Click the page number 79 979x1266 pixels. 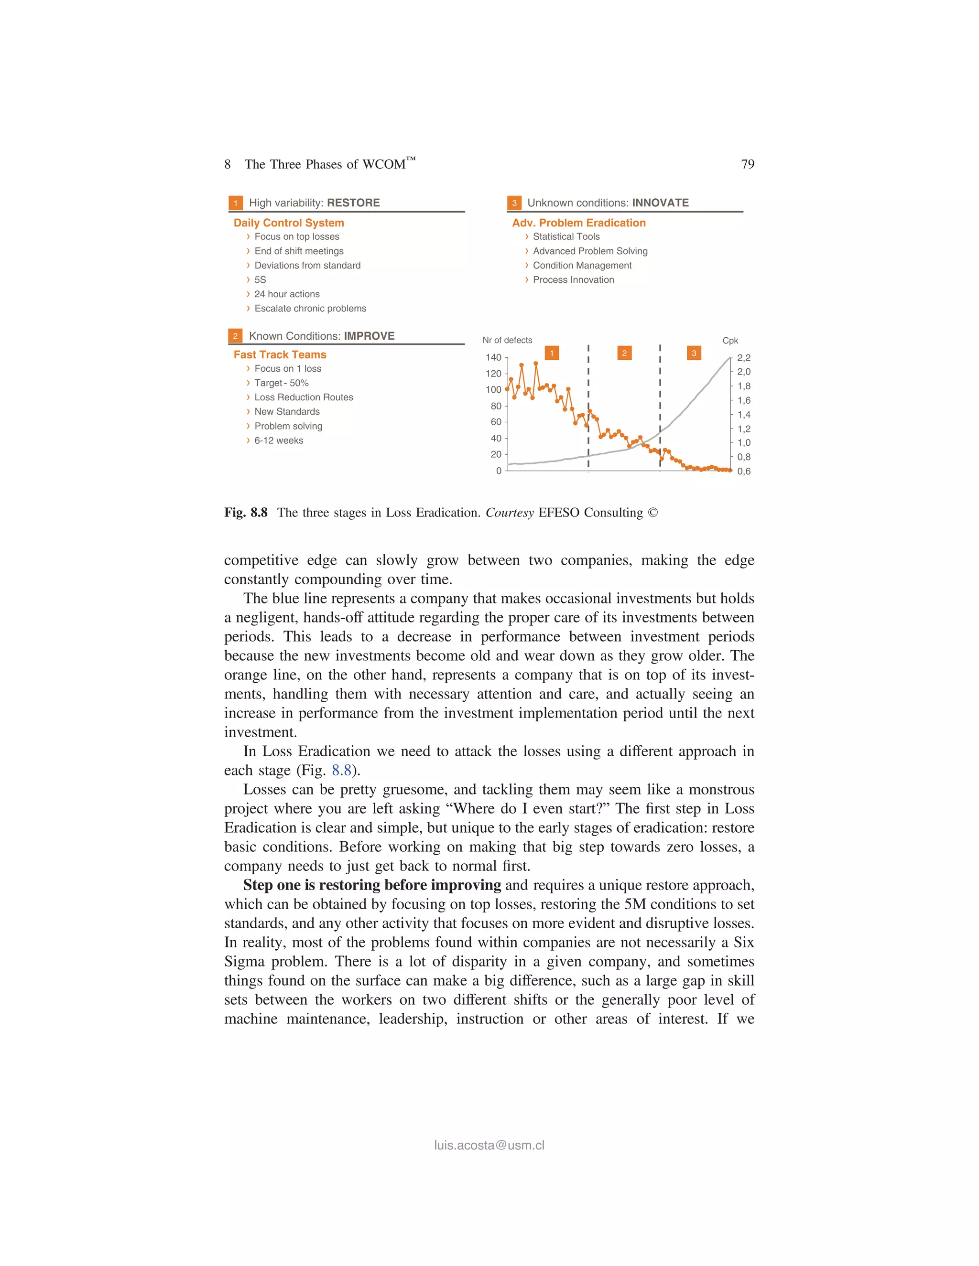(x=748, y=165)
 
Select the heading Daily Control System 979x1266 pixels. (x=288, y=223)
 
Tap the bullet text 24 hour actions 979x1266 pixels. (x=286, y=294)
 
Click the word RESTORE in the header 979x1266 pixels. (x=353, y=203)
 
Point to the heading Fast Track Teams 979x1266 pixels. (x=280, y=355)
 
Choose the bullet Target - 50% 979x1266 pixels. (x=281, y=383)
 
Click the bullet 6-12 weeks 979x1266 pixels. (x=278, y=440)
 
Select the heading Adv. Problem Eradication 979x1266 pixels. (x=578, y=223)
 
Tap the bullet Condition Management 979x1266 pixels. (x=582, y=266)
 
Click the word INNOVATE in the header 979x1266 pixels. (x=660, y=203)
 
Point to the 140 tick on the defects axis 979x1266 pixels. (x=493, y=358)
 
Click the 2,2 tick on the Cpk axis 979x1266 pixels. (x=743, y=358)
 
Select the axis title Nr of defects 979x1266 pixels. (x=507, y=340)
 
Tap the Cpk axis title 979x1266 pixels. (x=729, y=341)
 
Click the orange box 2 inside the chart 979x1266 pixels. (x=624, y=353)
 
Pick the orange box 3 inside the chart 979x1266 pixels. (x=694, y=353)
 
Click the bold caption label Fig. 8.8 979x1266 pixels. (x=246, y=513)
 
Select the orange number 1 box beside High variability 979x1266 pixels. (x=236, y=203)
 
